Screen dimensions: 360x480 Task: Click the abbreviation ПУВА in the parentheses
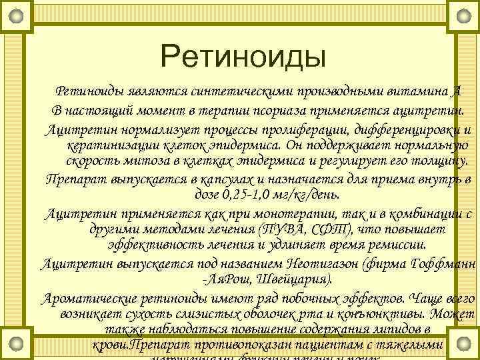pyautogui.click(x=273, y=229)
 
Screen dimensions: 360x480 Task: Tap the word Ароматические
pyautogui.click(x=87, y=297)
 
